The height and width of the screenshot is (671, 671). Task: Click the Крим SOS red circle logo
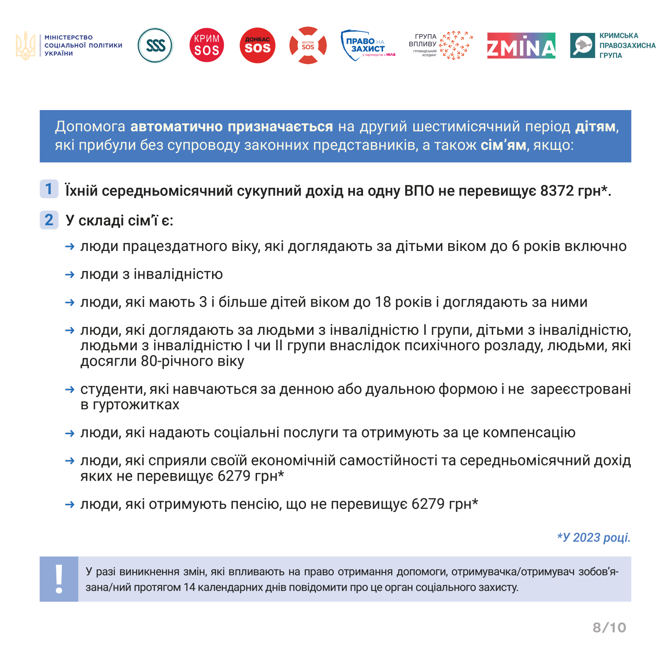coord(207,45)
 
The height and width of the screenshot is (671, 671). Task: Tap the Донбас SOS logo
coord(257,46)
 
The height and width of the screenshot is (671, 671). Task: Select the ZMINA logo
coord(521,46)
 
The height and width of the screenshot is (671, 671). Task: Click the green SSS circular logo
coord(155,46)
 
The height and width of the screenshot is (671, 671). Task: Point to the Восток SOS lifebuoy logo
coord(308,46)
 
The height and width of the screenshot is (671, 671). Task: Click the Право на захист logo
coord(367,46)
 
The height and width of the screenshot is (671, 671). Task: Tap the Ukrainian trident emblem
coord(25,46)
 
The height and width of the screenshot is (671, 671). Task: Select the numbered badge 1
coord(49,189)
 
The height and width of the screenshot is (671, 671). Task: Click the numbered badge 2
coord(49,220)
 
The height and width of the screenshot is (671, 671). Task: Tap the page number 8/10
coord(609,628)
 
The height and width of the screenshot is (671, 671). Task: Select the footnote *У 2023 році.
coord(593,537)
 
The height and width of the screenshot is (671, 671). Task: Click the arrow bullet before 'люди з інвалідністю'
coord(70,275)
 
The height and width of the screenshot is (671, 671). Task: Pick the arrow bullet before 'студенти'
coord(70,389)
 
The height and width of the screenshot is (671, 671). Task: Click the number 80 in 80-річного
coord(148,361)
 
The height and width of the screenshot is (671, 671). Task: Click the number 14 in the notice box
coord(190,587)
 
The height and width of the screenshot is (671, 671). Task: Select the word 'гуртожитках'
coord(136,405)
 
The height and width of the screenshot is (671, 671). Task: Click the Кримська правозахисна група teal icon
coord(582,46)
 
